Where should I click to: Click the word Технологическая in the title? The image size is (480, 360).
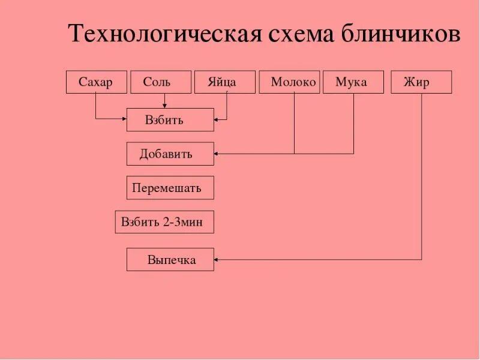(x=165, y=34)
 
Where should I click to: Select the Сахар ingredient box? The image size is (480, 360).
(x=96, y=82)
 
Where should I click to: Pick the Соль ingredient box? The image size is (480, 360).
(x=160, y=82)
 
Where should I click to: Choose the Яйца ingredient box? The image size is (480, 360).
(x=224, y=82)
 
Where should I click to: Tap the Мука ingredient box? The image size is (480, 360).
(x=353, y=82)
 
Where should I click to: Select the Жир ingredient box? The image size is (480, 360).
(x=421, y=82)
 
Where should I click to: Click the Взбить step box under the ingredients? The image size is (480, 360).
(x=170, y=119)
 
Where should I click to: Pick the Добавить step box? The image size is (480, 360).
(x=170, y=154)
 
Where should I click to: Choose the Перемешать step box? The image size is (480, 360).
(x=170, y=188)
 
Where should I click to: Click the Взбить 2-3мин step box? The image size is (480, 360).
(x=164, y=222)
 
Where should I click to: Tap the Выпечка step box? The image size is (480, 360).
(x=170, y=259)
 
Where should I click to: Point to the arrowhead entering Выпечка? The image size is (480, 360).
(x=217, y=259)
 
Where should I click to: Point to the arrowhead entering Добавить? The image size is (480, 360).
(x=217, y=154)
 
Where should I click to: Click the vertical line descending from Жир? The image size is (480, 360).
(x=421, y=180)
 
